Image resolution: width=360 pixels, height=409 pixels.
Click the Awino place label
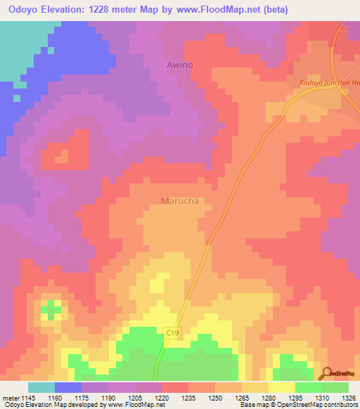pos(179,65)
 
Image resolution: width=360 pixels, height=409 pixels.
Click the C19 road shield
pos(173,332)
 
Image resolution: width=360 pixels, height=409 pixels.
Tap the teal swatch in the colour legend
pos(41,387)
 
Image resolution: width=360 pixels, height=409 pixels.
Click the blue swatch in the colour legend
pos(68,387)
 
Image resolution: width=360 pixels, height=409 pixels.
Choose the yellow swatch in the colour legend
pos(281,387)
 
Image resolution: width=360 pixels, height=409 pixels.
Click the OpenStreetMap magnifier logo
pos(326,373)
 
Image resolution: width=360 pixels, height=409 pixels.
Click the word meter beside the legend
pos(10,397)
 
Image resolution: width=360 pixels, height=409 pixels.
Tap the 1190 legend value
pos(108,397)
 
